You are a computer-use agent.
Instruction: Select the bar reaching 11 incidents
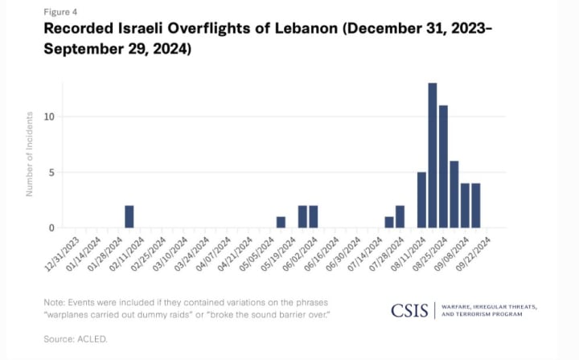443,166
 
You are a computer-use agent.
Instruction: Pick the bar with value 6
454,194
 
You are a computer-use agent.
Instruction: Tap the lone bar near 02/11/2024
129,216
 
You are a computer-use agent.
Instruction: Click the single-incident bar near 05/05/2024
281,222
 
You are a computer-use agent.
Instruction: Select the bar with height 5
421,199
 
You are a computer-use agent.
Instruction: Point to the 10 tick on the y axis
50,117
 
